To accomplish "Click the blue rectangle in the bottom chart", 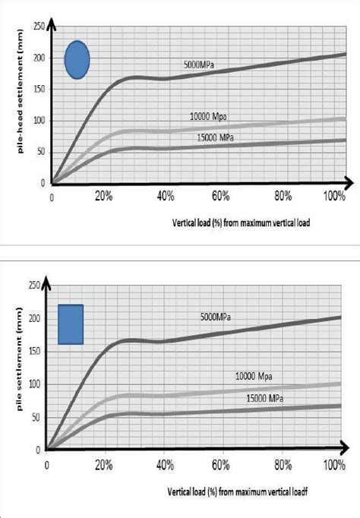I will [71, 324].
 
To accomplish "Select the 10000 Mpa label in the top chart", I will [209, 116].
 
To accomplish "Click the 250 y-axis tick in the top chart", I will [38, 27].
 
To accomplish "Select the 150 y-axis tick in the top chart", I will [38, 89].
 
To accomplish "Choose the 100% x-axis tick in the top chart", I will [334, 197].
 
